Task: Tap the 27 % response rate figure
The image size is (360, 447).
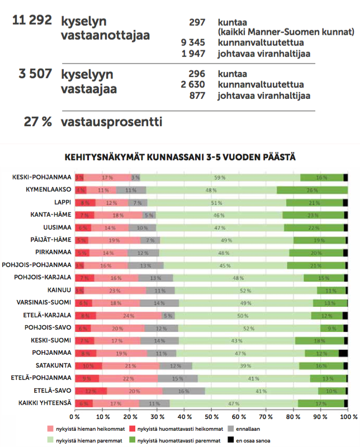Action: pyautogui.click(x=37, y=121)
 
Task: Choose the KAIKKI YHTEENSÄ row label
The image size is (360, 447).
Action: pyautogui.click(x=45, y=403)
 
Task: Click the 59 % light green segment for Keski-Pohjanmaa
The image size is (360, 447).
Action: pyautogui.click(x=220, y=178)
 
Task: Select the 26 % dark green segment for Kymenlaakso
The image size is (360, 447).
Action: pyautogui.click(x=312, y=190)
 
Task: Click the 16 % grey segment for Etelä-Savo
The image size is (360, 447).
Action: pyautogui.click(x=183, y=391)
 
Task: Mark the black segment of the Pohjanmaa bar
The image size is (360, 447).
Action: pyautogui.click(x=343, y=353)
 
